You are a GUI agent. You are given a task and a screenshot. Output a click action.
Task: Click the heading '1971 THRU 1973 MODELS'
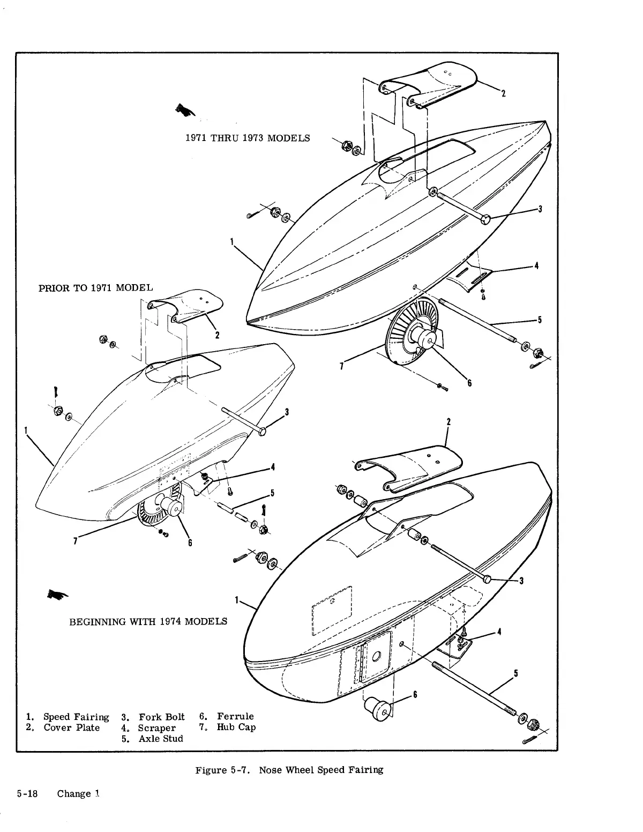(247, 138)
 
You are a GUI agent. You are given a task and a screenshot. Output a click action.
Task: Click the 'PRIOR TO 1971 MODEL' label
(95, 288)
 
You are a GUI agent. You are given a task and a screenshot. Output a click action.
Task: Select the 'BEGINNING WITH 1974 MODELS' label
(148, 621)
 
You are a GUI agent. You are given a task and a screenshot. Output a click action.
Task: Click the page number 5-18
(27, 794)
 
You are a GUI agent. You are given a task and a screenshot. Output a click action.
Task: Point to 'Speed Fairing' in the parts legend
(76, 717)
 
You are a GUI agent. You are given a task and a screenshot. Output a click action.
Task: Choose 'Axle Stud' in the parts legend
(160, 739)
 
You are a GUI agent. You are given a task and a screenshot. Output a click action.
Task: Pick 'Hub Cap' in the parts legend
(236, 727)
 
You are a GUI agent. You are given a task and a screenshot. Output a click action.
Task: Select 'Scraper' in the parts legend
(156, 728)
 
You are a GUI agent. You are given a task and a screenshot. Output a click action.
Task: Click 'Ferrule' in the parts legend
(235, 716)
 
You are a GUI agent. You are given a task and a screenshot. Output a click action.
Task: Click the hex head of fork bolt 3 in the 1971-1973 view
(486, 219)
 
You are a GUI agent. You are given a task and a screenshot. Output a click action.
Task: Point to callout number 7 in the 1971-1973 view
(342, 367)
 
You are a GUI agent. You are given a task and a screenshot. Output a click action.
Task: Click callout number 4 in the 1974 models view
(499, 632)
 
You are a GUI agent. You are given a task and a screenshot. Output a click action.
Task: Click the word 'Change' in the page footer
(74, 794)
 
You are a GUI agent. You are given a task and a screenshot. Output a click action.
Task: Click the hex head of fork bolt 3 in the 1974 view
(486, 579)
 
